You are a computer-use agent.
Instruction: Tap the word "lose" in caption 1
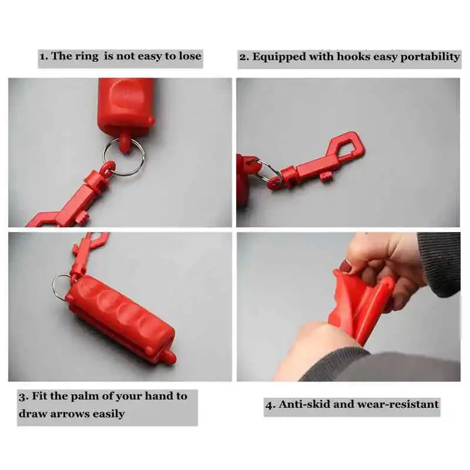[188, 56]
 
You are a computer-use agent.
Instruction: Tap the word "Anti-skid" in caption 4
[304, 404]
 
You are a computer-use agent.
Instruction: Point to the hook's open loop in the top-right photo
[348, 147]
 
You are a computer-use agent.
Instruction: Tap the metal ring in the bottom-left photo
[59, 286]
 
